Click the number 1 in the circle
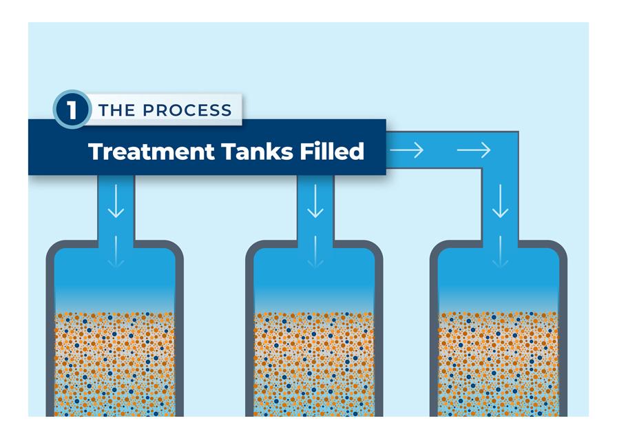pyautogui.click(x=72, y=110)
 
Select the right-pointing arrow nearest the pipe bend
pyautogui.click(x=474, y=150)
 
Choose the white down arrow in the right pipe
pyautogui.click(x=501, y=204)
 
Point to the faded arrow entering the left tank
pyautogui.click(x=116, y=252)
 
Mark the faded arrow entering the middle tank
pyautogui.click(x=315, y=252)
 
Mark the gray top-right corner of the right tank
pyautogui.click(x=559, y=249)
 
